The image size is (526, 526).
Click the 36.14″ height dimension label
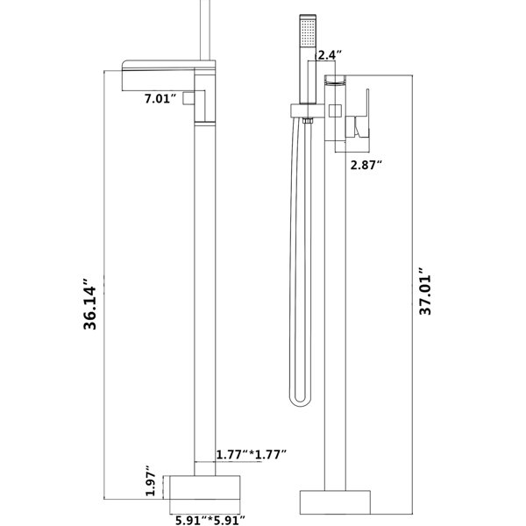(89, 304)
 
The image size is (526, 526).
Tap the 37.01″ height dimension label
(425, 291)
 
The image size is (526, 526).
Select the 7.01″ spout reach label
(160, 99)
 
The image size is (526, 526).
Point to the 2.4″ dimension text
(330, 55)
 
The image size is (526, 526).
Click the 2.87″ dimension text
(366, 165)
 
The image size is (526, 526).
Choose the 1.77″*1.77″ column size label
(252, 454)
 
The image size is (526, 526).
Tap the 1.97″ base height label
(151, 480)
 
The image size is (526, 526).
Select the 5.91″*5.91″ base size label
(210, 520)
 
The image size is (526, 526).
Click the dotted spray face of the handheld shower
(308, 33)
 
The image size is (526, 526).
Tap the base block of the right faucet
(335, 502)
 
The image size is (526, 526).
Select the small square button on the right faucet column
(335, 110)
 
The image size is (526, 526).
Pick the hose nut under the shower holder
(308, 121)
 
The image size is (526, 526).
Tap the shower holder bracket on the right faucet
(308, 110)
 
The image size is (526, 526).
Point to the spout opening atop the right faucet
(335, 80)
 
